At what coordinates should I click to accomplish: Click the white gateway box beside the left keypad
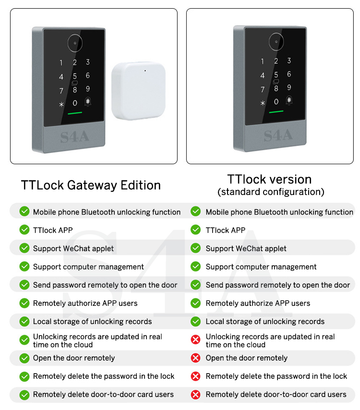[139, 93]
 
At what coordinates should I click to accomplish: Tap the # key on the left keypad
[88, 101]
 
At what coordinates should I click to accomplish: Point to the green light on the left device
[75, 114]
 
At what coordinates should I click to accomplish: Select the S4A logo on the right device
[278, 135]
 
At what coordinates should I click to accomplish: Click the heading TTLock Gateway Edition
[91, 185]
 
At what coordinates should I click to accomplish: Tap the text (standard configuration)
[271, 192]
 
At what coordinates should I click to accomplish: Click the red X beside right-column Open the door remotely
[195, 358]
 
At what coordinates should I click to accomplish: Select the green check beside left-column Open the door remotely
[24, 358]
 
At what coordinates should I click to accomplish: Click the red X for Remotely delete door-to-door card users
[195, 395]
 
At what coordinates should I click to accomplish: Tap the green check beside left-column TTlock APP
[24, 230]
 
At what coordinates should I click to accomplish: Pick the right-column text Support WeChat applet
[246, 249]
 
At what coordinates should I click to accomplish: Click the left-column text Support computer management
[88, 267]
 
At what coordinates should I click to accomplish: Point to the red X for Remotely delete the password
[195, 376]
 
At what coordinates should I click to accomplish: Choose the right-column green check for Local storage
[195, 322]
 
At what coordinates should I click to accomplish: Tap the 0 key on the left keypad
[75, 103]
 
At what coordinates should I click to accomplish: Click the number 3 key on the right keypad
[289, 61]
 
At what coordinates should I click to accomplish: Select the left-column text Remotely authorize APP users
[85, 303]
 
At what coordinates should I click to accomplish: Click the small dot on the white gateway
[145, 72]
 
